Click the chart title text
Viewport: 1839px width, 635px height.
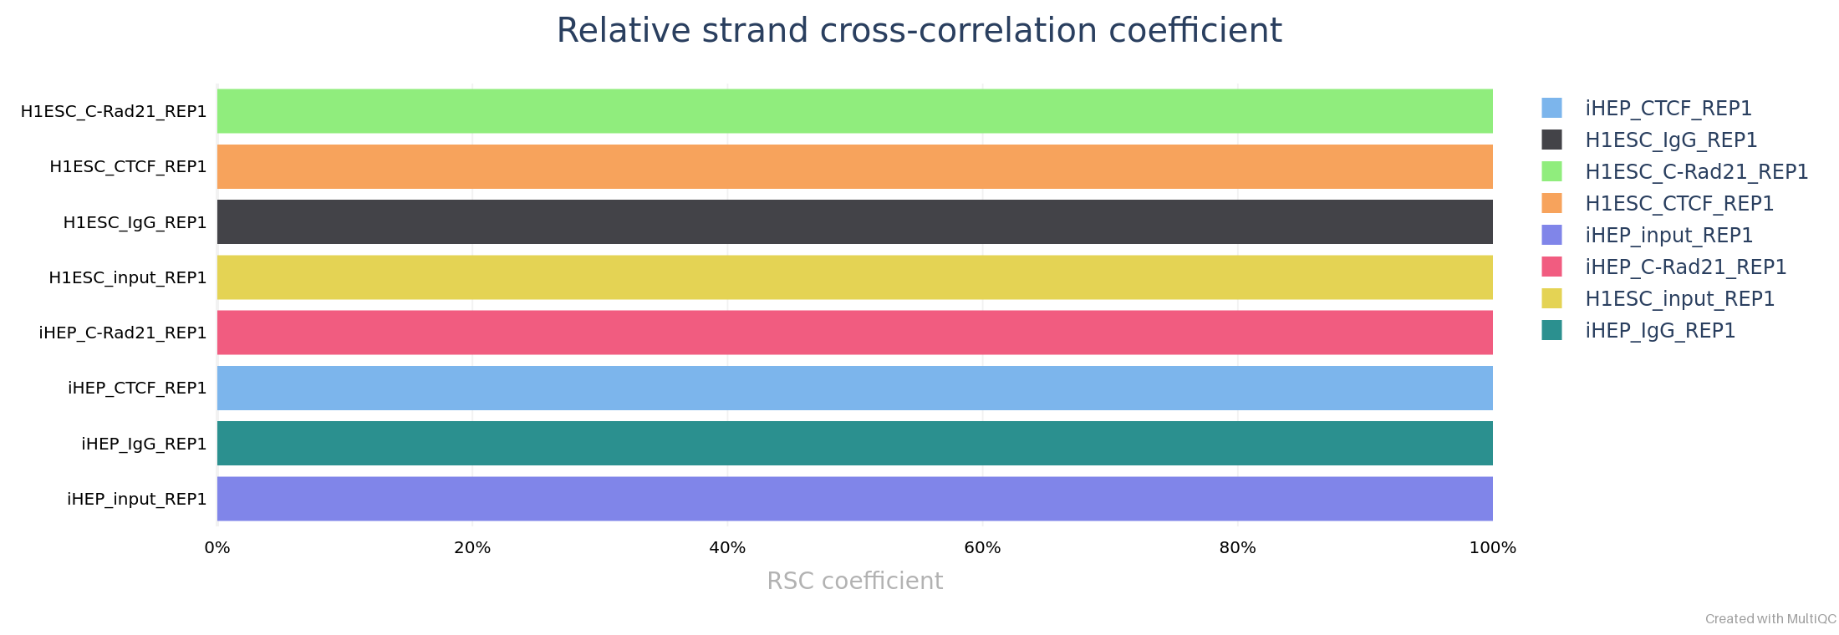pyautogui.click(x=919, y=31)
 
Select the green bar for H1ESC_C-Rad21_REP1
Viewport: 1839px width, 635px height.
pyautogui.click(x=854, y=111)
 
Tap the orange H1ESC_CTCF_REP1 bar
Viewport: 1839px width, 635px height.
pyautogui.click(x=854, y=166)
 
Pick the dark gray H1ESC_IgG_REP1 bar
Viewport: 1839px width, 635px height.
pyautogui.click(x=854, y=222)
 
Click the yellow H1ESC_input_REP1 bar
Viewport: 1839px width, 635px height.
pyautogui.click(x=854, y=277)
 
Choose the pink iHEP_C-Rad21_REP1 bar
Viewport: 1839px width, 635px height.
pyautogui.click(x=854, y=333)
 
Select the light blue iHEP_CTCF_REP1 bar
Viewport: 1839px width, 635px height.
pyautogui.click(x=854, y=388)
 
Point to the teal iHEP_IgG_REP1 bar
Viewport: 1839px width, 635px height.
pyautogui.click(x=854, y=444)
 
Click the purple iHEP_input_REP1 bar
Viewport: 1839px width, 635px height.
pyautogui.click(x=854, y=499)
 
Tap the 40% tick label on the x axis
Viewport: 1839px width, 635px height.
pyautogui.click(x=727, y=548)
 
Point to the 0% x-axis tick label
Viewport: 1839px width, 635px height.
pyautogui.click(x=217, y=548)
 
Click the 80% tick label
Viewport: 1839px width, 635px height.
pyautogui.click(x=1237, y=548)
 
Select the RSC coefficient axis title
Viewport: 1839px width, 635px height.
pyautogui.click(x=854, y=581)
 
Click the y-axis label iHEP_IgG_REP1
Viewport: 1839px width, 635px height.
pyautogui.click(x=144, y=444)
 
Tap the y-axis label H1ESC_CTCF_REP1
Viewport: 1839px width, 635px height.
pyautogui.click(x=128, y=166)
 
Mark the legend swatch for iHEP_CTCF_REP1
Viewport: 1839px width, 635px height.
pyautogui.click(x=1551, y=108)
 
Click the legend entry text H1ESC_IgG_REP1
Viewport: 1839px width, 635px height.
pyautogui.click(x=1671, y=140)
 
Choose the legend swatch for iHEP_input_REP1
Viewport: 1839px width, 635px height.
pyautogui.click(x=1551, y=235)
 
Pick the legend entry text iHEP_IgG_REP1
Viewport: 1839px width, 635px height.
pyautogui.click(x=1660, y=331)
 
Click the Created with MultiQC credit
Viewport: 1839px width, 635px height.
pyautogui.click(x=1770, y=619)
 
